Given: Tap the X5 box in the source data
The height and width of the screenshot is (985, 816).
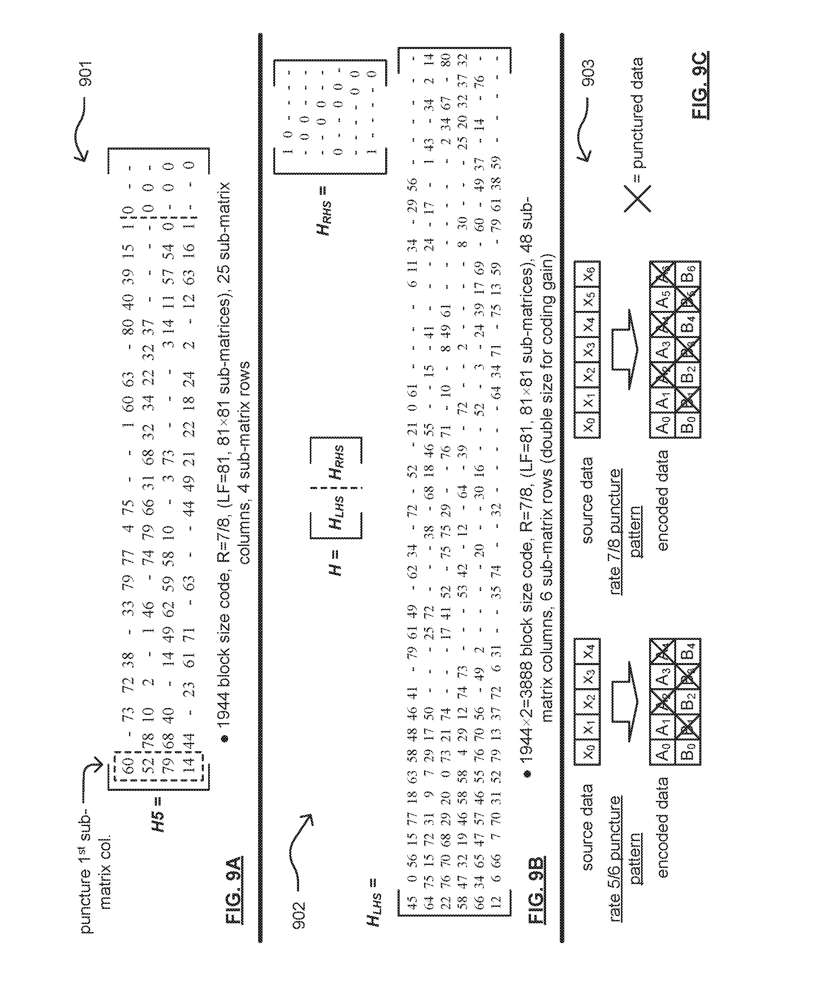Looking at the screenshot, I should [x=587, y=299].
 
